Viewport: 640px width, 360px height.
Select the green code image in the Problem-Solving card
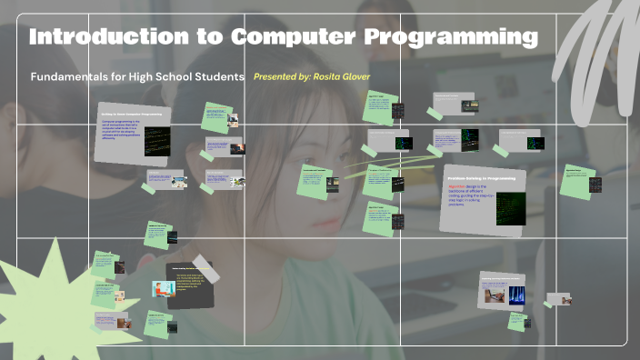tap(510, 208)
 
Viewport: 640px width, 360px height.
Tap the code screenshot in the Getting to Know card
tap(156, 142)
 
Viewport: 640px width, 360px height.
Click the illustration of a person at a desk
tap(165, 288)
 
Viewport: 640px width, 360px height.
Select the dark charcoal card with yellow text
tap(190, 285)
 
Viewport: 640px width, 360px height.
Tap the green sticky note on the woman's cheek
tap(313, 180)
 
